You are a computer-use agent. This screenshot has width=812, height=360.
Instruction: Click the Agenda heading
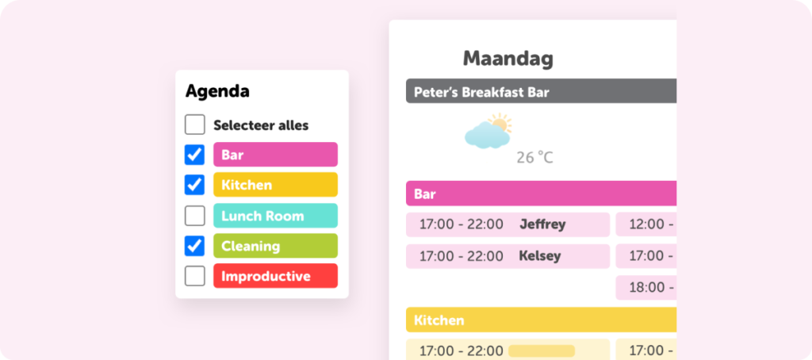pyautogui.click(x=217, y=91)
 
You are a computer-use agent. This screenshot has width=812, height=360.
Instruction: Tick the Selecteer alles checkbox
pyautogui.click(x=195, y=124)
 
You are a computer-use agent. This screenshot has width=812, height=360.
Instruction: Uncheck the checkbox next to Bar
pyautogui.click(x=195, y=155)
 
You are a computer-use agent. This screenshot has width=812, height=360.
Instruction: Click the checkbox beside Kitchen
pyautogui.click(x=195, y=185)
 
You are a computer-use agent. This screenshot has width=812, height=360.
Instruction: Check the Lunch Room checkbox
pyautogui.click(x=195, y=216)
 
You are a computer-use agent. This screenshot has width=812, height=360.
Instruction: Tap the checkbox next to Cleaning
pyautogui.click(x=195, y=246)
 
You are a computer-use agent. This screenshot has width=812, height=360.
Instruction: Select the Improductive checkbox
pyautogui.click(x=195, y=276)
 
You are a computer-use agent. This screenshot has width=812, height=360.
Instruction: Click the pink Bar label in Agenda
pyautogui.click(x=275, y=155)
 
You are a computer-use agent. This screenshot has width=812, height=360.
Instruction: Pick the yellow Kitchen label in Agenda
pyautogui.click(x=275, y=185)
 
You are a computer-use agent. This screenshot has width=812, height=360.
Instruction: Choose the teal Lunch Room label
pyautogui.click(x=275, y=216)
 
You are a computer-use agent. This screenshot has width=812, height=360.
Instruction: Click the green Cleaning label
pyautogui.click(x=275, y=246)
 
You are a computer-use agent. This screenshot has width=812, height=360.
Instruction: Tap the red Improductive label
pyautogui.click(x=275, y=276)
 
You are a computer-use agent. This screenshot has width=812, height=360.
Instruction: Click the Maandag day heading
pyautogui.click(x=508, y=58)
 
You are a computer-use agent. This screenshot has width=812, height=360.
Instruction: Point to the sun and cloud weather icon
pyautogui.click(x=488, y=132)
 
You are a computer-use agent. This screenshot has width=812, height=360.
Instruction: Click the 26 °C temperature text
pyautogui.click(x=534, y=158)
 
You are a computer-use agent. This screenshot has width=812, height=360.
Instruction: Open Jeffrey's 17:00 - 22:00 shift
pyautogui.click(x=507, y=224)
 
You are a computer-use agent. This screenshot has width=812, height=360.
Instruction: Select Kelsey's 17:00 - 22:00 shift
pyautogui.click(x=507, y=256)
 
